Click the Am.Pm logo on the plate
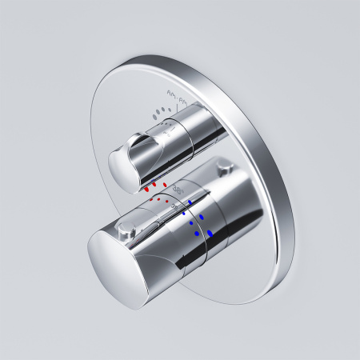[177, 98]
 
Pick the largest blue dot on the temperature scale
[210, 233]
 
